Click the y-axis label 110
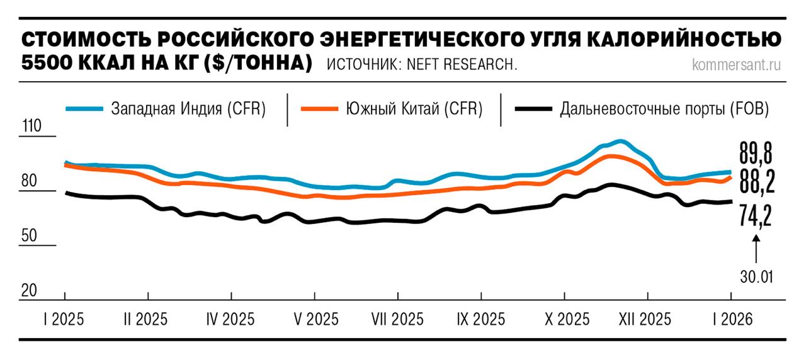31,126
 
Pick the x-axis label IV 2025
230,319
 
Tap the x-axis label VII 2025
397,319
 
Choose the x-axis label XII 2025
648,319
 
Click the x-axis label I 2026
732,319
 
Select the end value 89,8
756,154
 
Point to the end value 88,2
756,183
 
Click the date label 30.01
756,277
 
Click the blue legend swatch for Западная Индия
83,109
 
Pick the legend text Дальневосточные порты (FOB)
664,109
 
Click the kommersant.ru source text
735,65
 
